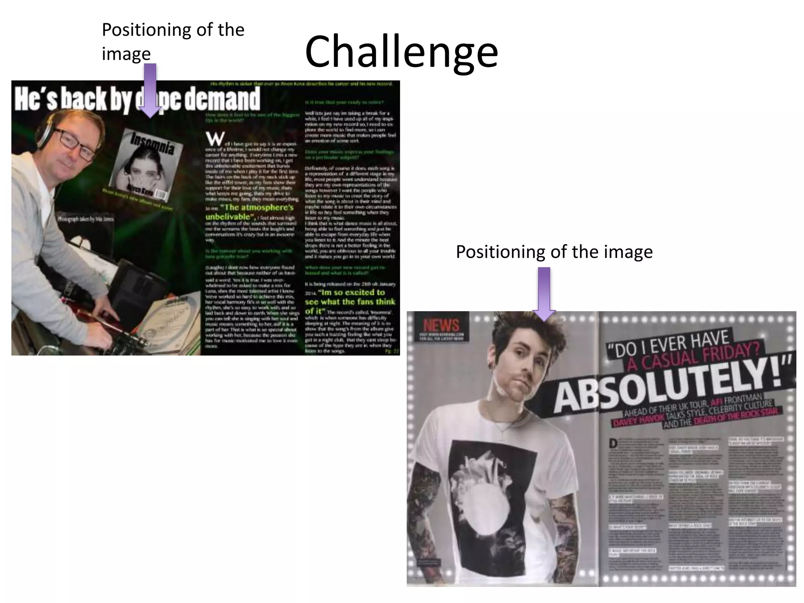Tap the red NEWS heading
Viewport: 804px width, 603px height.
441,325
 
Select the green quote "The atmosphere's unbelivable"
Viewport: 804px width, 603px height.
249,212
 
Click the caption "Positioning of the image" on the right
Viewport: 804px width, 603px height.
554,252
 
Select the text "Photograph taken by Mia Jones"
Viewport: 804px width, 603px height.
86,219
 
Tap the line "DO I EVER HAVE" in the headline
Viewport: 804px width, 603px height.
667,344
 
